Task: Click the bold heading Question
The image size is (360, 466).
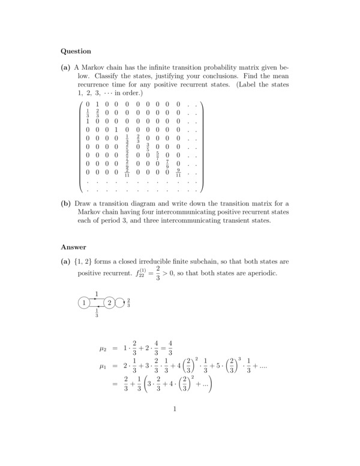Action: tap(76, 51)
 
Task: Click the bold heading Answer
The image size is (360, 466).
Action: tap(74, 247)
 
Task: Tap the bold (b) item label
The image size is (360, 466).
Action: tap(66, 203)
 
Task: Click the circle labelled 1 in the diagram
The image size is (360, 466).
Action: tap(85, 302)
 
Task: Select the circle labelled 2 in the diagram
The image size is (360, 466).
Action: tap(109, 302)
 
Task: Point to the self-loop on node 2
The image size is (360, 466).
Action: tap(120, 302)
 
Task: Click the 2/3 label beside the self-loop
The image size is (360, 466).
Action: tap(129, 302)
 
